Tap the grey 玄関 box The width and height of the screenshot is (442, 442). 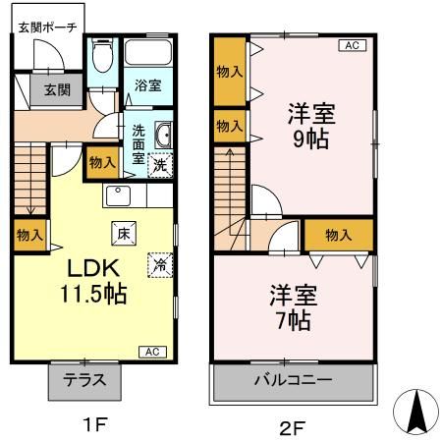click(35, 89)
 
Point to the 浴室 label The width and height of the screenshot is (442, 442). click(148, 85)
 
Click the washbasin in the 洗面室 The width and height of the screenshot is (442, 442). click(164, 136)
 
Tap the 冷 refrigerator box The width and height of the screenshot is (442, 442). click(158, 263)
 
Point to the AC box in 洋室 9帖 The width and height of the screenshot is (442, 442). click(351, 45)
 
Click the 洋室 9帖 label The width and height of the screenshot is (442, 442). click(309, 124)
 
